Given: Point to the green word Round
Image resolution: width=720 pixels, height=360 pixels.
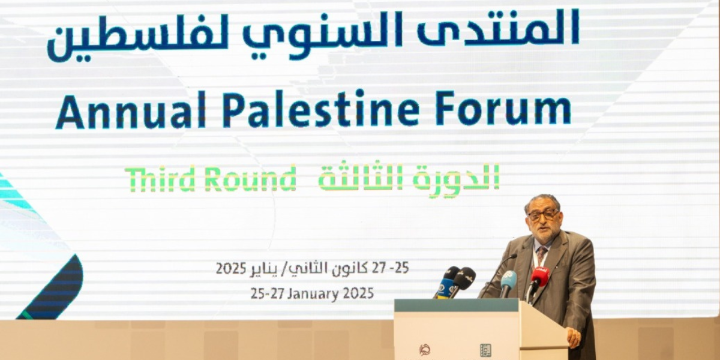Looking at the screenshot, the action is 250,179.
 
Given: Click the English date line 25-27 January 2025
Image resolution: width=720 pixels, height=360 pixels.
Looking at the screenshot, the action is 312,293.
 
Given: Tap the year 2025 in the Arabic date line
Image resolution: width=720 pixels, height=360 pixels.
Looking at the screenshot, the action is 231,268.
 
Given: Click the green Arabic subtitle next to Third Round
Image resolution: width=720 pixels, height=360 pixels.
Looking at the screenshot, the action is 409,178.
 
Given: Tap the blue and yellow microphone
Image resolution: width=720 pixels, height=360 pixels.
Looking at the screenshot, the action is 445,283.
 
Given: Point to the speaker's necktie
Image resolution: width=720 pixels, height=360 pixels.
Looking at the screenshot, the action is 542,253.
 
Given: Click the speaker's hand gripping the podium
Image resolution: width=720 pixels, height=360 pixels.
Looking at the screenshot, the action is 574,337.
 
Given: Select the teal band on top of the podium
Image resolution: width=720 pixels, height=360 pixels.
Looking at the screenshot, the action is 457,305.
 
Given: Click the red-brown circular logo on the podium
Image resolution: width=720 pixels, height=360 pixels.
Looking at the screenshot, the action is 425,350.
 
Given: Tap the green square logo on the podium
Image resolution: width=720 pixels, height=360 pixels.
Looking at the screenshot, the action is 485,350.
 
